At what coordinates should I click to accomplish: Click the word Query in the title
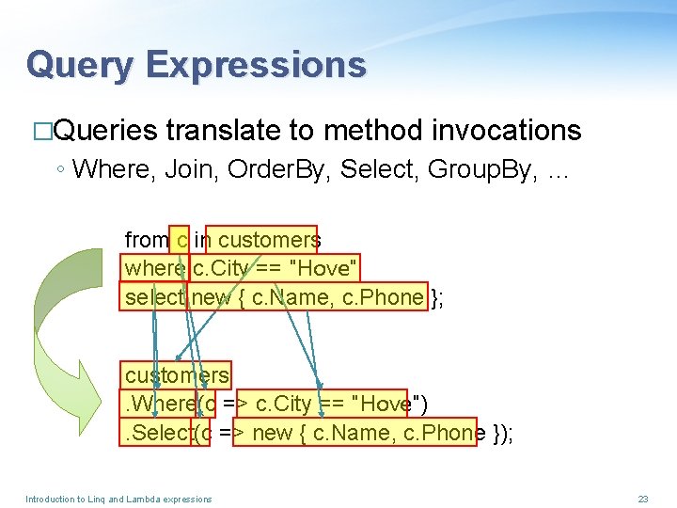tap(80, 65)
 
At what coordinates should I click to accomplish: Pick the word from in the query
tap(146, 240)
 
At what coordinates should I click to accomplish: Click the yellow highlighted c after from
tap(181, 240)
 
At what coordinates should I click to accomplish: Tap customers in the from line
tap(269, 240)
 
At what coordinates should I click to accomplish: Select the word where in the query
tap(154, 269)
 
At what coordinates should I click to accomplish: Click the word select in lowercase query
tap(155, 297)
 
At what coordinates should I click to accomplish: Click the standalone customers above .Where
tap(176, 375)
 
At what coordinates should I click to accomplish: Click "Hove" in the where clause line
tap(325, 269)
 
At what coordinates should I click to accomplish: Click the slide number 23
tap(643, 499)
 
